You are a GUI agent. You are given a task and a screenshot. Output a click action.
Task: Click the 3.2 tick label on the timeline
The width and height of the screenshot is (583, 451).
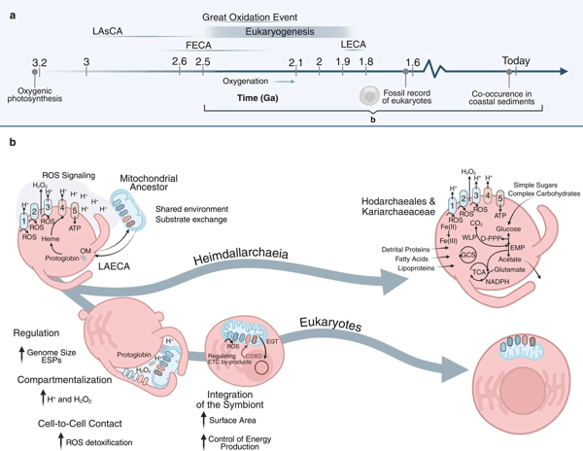39,62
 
